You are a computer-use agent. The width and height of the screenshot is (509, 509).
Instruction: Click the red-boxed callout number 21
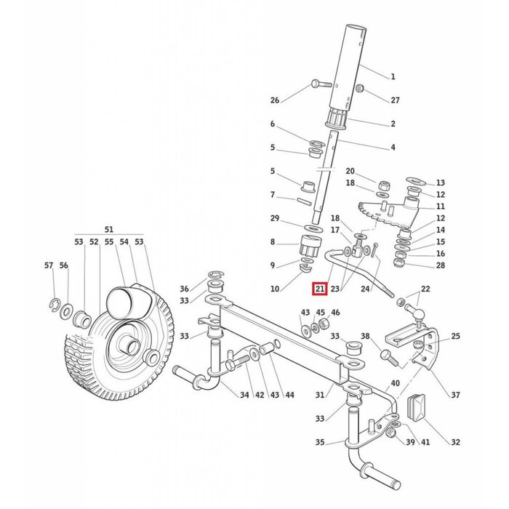pos(319,289)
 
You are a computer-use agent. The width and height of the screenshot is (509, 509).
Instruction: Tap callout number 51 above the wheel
pos(109,228)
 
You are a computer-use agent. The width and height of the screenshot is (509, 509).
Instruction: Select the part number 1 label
pos(393,76)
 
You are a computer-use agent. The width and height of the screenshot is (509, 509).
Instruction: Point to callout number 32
pos(455,441)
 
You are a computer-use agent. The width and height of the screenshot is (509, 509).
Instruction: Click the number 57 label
pos(49,266)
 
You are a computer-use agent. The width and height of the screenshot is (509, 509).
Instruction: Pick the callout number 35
pos(321,441)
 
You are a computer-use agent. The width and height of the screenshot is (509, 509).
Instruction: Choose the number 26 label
pos(274,100)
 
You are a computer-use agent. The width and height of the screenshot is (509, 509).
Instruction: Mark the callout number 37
pos(455,395)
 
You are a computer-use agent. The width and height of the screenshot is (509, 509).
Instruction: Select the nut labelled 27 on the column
pos(360,89)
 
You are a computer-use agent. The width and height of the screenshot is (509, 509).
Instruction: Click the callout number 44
pos(289,395)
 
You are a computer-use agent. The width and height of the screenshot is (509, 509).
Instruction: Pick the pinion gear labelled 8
pos(311,244)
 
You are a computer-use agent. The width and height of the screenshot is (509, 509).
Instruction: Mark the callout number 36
pos(184,289)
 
